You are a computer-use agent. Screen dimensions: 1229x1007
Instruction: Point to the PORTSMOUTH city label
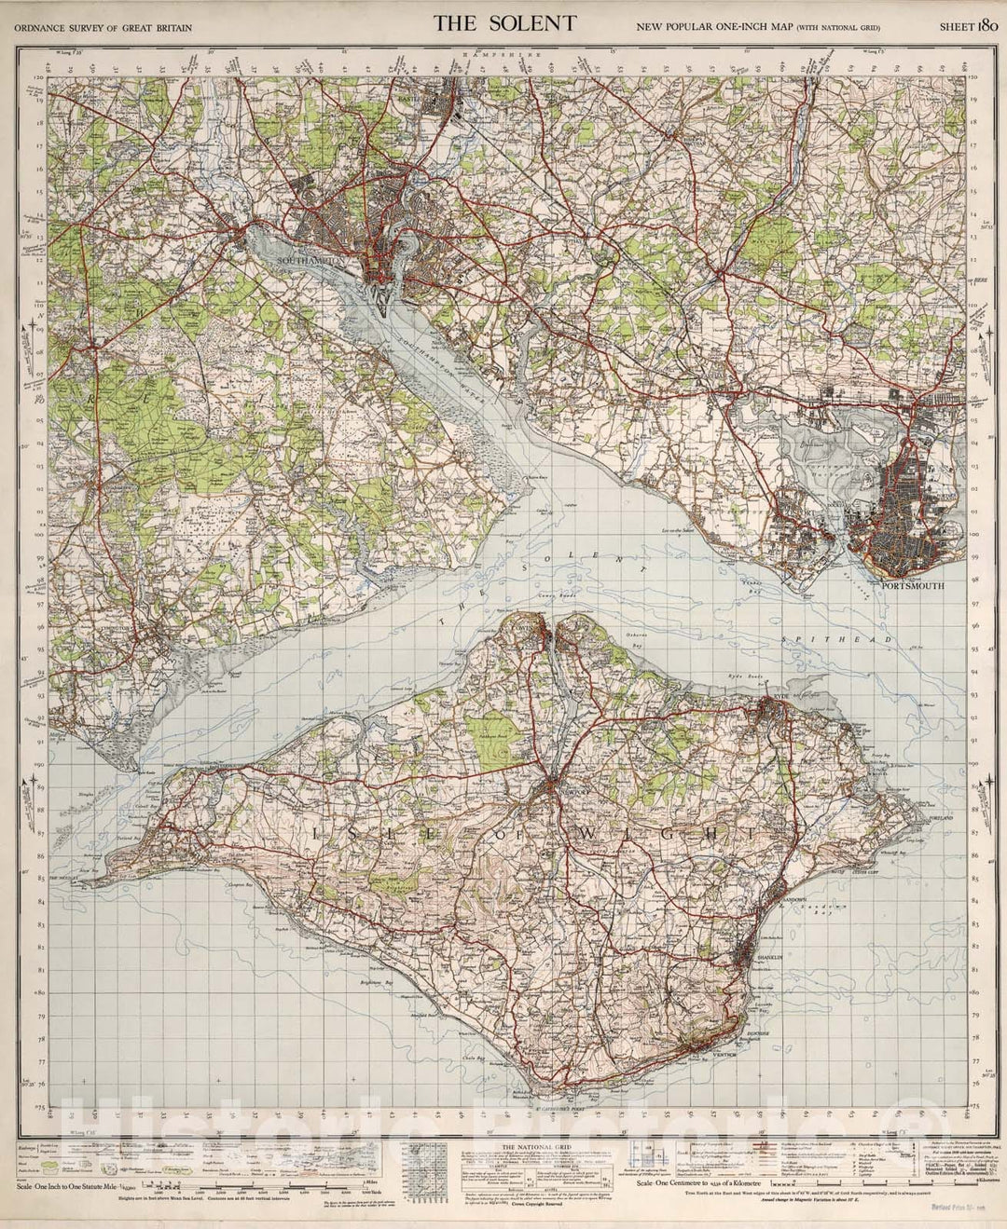pos(914,587)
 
